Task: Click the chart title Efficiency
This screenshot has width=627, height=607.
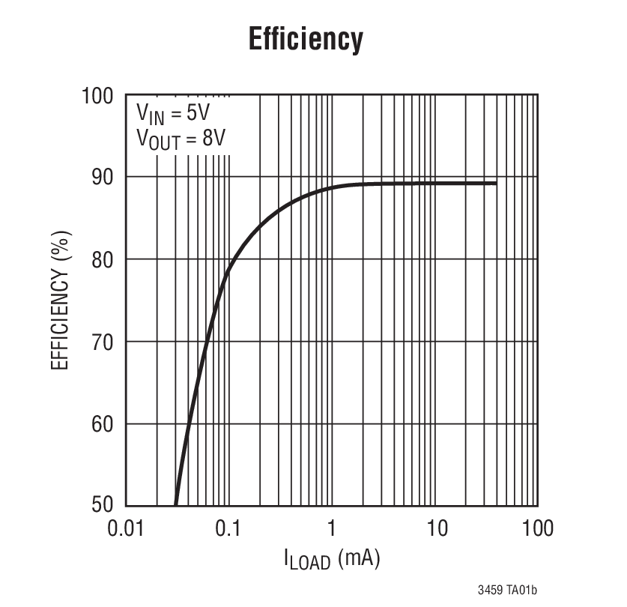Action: (x=306, y=39)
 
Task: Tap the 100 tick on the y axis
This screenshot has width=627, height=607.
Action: (x=97, y=97)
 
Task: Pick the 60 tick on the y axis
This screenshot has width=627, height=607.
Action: (x=103, y=425)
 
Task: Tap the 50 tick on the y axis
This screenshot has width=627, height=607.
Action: (x=103, y=505)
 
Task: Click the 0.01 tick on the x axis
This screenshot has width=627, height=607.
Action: (x=125, y=528)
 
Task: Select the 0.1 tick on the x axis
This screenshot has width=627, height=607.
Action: (x=228, y=528)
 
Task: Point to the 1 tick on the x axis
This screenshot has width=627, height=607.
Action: (x=331, y=528)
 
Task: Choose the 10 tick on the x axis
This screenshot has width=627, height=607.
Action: (x=437, y=528)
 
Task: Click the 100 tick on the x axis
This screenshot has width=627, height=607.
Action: (x=538, y=528)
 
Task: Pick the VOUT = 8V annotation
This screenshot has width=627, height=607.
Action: (x=181, y=139)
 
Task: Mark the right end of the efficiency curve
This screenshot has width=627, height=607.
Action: (x=496, y=183)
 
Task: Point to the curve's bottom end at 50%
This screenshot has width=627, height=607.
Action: (x=175, y=504)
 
